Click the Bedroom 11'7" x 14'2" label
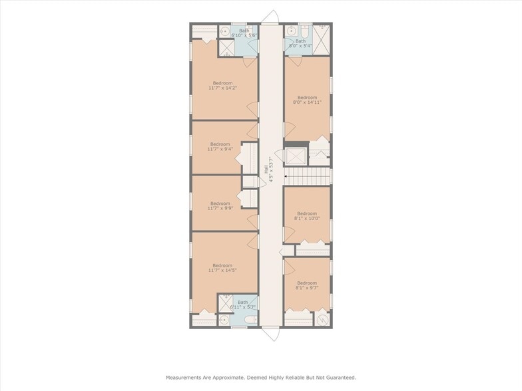click(x=222, y=85)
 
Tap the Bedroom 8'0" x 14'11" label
click(x=308, y=100)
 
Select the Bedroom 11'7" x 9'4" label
click(x=220, y=146)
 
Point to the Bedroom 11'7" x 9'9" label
click(x=220, y=206)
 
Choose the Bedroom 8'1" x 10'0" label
click(x=308, y=215)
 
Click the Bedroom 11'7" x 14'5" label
click(x=222, y=267)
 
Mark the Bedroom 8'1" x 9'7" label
click(x=308, y=285)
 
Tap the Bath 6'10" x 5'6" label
click(x=244, y=33)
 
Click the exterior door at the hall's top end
click(x=270, y=17)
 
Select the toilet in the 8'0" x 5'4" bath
click(x=304, y=31)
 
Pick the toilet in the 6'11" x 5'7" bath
click(x=250, y=321)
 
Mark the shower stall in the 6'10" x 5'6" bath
click(x=226, y=48)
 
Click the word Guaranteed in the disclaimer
click(x=337, y=377)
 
